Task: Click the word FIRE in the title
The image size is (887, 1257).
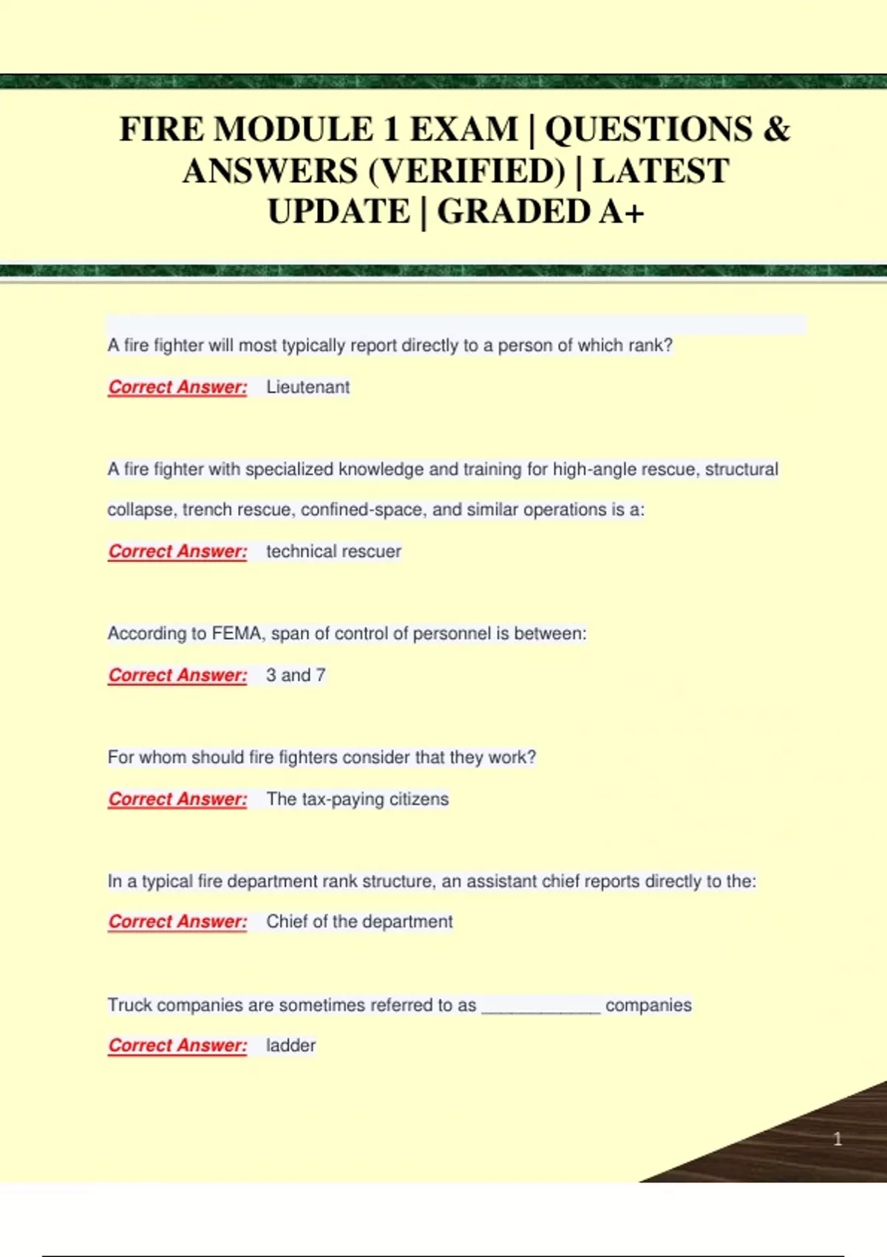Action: (161, 129)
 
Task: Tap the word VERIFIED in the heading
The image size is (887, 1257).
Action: (466, 172)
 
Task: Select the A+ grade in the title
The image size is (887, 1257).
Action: (622, 212)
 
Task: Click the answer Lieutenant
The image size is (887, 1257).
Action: (307, 387)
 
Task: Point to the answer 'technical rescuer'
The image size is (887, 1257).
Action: (333, 552)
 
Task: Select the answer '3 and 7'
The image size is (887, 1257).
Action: (296, 675)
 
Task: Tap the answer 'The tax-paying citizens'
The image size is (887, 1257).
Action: (358, 799)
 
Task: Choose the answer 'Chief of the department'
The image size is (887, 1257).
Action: (359, 922)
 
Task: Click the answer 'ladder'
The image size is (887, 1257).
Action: (290, 1046)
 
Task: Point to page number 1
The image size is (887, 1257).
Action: (837, 1139)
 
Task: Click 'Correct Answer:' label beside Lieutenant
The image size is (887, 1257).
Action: (177, 387)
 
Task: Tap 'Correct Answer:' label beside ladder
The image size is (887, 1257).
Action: (177, 1046)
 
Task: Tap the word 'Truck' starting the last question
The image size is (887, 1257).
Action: (129, 1005)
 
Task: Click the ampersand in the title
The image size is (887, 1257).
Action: (776, 129)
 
